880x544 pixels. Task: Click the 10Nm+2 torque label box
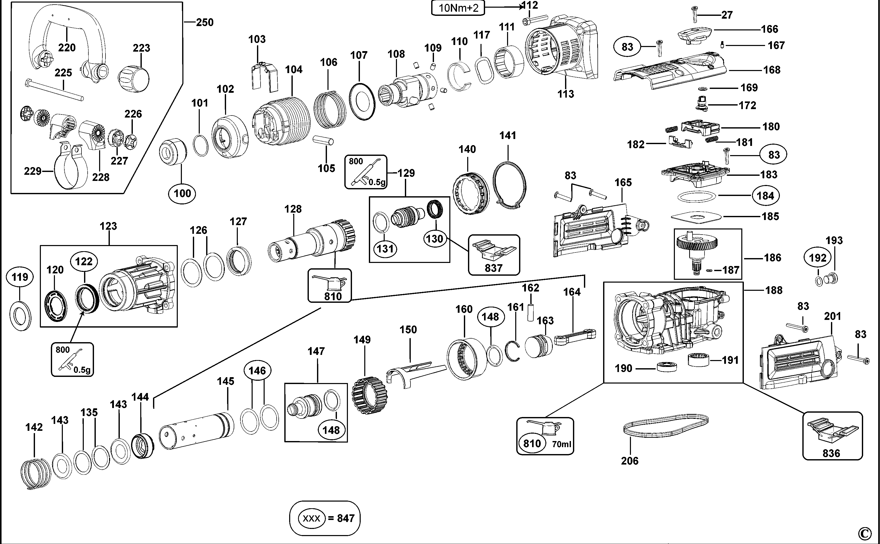coord(458,8)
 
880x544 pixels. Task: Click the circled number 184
coord(765,196)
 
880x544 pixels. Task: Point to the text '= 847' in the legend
coord(341,518)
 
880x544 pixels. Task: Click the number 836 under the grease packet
coord(831,453)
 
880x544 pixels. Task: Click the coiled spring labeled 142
coord(35,473)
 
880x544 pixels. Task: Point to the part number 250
coord(205,22)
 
